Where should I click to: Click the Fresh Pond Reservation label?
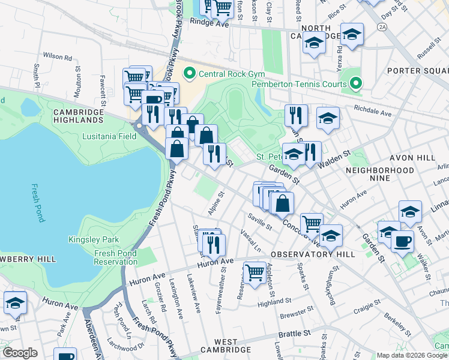[116, 257]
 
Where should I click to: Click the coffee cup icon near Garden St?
[402, 241]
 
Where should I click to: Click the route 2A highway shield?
[382, 27]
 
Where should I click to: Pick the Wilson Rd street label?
[58, 57]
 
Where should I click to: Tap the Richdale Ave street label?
[372, 111]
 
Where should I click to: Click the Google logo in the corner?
[20, 353]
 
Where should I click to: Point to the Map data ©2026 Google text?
[412, 355]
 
